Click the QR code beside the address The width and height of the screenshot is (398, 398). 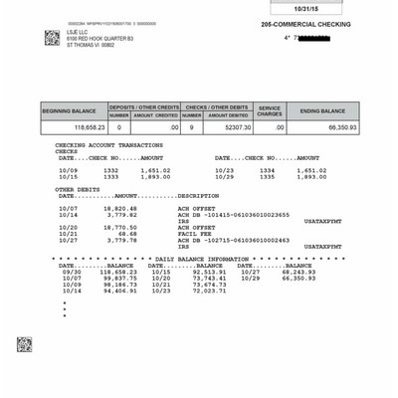(x=52, y=38)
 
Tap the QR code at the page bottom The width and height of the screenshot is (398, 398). (x=24, y=343)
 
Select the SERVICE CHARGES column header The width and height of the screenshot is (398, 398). (x=271, y=110)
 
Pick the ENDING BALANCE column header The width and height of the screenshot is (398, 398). (x=322, y=110)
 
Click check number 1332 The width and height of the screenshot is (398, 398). (x=110, y=170)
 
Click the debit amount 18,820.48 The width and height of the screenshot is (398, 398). (x=120, y=208)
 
